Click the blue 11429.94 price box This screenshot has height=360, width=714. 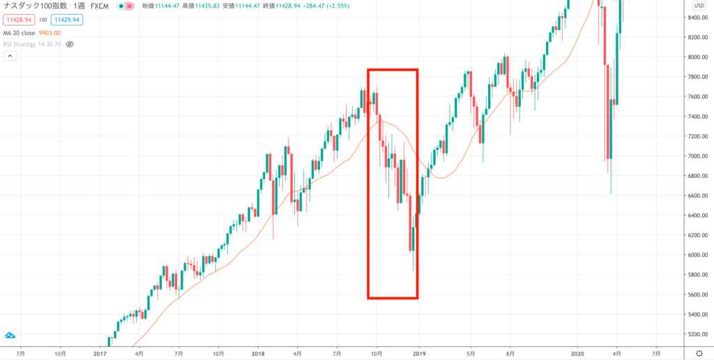click(66, 20)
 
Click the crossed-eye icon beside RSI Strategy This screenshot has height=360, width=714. click(70, 44)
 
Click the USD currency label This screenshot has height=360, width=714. click(697, 5)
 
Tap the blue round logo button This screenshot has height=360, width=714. click(10, 336)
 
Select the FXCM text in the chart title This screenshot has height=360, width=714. click(102, 6)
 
